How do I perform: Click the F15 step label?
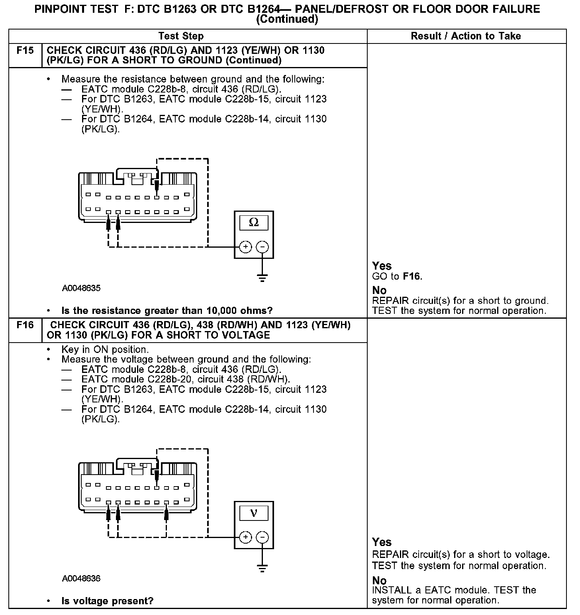[x=25, y=51]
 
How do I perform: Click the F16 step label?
[x=25, y=325]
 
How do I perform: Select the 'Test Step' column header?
[x=181, y=36]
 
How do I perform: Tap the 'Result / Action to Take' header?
[x=466, y=36]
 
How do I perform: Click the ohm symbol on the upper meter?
[x=253, y=223]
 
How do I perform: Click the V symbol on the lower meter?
[x=253, y=513]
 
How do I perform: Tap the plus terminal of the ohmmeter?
[x=246, y=247]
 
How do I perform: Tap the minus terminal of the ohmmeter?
[x=262, y=247]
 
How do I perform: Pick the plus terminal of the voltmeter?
[x=246, y=537]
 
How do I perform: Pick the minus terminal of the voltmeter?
[x=262, y=537]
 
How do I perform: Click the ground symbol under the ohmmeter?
[x=262, y=278]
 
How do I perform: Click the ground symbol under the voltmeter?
[x=262, y=568]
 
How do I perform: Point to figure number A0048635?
[x=81, y=288]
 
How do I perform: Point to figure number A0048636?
[x=81, y=578]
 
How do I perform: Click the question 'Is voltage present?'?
[x=107, y=601]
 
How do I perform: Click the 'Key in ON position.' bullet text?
[x=105, y=350]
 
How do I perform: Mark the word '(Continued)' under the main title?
[x=287, y=20]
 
